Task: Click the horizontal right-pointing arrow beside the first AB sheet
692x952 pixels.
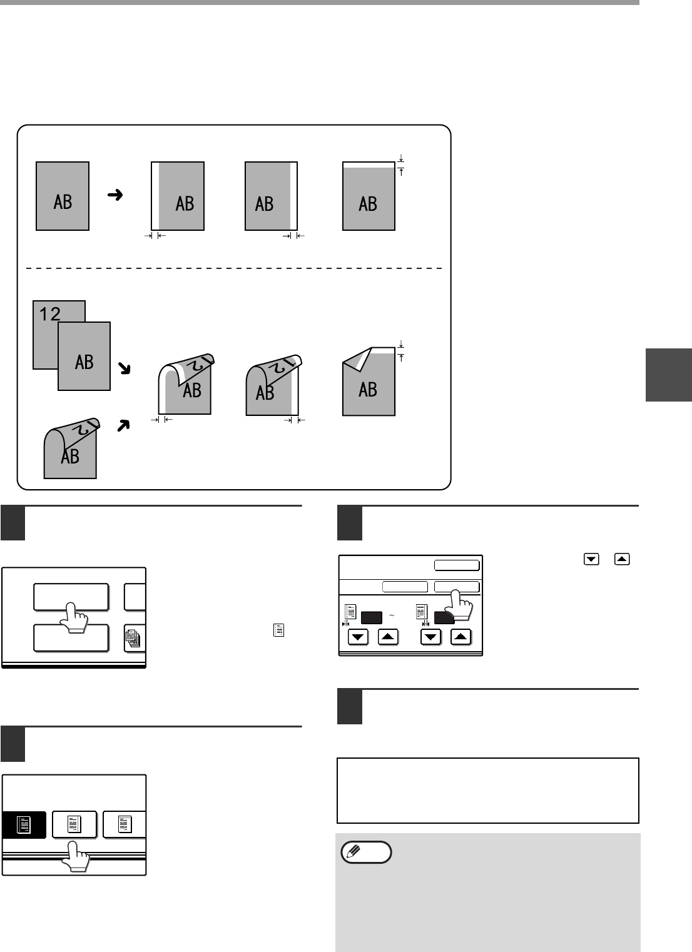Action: [114, 195]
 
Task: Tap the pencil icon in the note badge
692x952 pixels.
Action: [354, 852]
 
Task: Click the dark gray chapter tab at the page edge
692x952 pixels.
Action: [669, 375]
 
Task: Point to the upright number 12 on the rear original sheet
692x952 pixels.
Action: [49, 314]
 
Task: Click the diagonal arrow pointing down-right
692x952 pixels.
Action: [124, 368]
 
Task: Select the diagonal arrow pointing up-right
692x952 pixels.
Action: [123, 425]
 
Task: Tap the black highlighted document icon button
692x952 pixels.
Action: [24, 825]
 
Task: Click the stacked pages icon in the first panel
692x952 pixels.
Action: [133, 639]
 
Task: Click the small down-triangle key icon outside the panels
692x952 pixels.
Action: [591, 559]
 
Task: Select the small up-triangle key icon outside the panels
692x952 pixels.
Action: [622, 559]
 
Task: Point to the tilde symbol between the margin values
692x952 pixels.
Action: [392, 615]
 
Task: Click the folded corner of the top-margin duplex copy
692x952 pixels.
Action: [358, 359]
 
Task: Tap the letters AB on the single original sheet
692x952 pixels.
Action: [63, 202]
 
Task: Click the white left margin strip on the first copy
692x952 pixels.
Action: [156, 196]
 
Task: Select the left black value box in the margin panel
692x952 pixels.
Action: [372, 617]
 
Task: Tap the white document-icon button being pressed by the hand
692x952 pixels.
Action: [74, 824]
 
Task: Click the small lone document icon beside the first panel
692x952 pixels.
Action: [279, 630]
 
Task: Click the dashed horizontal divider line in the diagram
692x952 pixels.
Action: [234, 268]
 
